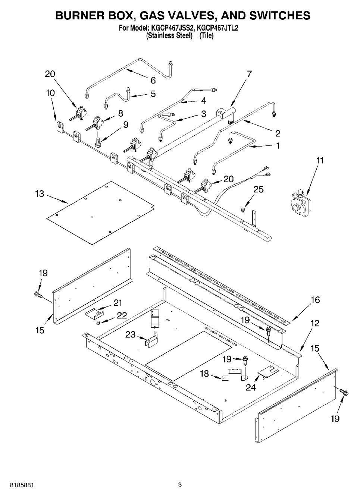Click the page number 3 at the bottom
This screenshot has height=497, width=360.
180,485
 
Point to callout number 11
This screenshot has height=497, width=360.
320,161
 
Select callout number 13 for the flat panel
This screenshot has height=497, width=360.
40,194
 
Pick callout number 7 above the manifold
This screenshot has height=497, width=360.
249,73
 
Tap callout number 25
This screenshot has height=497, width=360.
258,189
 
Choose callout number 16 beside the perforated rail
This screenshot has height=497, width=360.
315,300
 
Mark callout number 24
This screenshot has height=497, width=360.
250,387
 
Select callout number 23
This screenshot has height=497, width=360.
130,334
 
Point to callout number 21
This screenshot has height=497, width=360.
118,303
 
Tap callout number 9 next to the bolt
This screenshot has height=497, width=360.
126,125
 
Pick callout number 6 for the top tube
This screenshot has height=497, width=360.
153,80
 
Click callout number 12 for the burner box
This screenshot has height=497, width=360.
314,324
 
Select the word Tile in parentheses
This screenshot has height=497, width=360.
206,36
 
